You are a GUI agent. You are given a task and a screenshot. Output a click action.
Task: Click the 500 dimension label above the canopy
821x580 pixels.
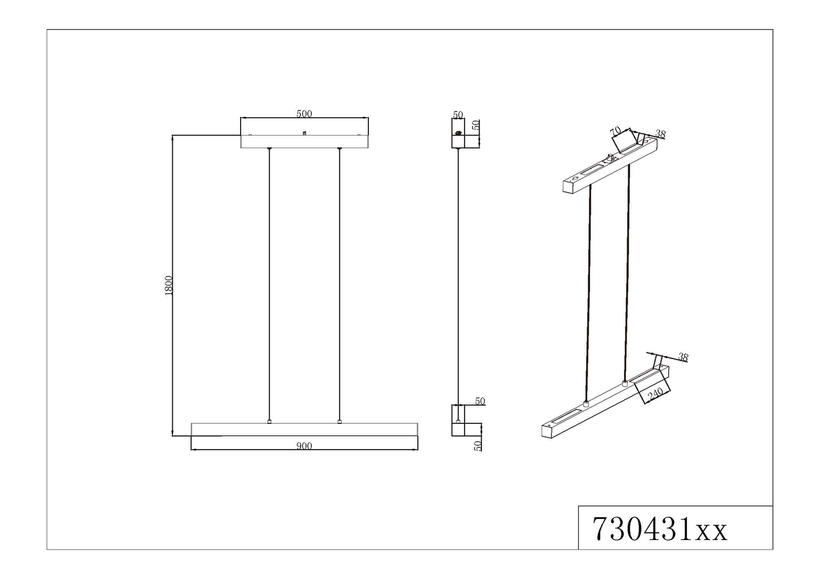(304, 113)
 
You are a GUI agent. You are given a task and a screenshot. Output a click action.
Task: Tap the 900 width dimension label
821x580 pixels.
(304, 446)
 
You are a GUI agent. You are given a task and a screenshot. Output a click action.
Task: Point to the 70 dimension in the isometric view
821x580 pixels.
(615, 132)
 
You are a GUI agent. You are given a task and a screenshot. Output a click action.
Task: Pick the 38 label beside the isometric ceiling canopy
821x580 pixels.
(660, 134)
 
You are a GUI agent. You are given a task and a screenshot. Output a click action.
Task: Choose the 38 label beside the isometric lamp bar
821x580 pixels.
(683, 357)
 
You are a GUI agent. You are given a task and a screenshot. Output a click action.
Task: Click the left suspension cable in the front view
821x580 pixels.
(269, 285)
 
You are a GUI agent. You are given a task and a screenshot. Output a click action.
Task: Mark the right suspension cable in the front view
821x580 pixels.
(339, 285)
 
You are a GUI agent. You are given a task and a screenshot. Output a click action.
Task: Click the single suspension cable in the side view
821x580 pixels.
(458, 273)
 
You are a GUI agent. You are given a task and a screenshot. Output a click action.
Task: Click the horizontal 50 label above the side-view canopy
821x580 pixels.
(458, 115)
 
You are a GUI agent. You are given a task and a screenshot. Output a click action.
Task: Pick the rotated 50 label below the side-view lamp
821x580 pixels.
(478, 445)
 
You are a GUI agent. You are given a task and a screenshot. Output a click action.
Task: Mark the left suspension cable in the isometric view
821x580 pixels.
(588, 291)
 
